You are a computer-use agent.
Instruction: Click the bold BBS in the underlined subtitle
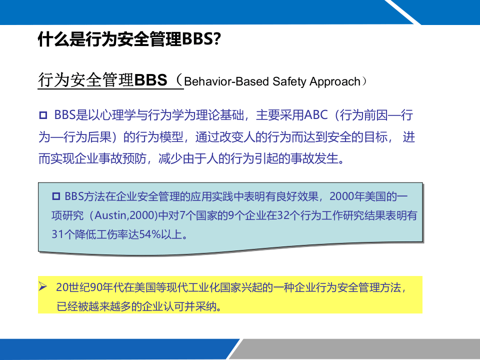pos(151,80)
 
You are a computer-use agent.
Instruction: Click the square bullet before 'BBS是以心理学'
pos(42,116)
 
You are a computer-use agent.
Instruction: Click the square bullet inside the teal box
pos(56,195)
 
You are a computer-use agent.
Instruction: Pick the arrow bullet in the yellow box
pos(43,287)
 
